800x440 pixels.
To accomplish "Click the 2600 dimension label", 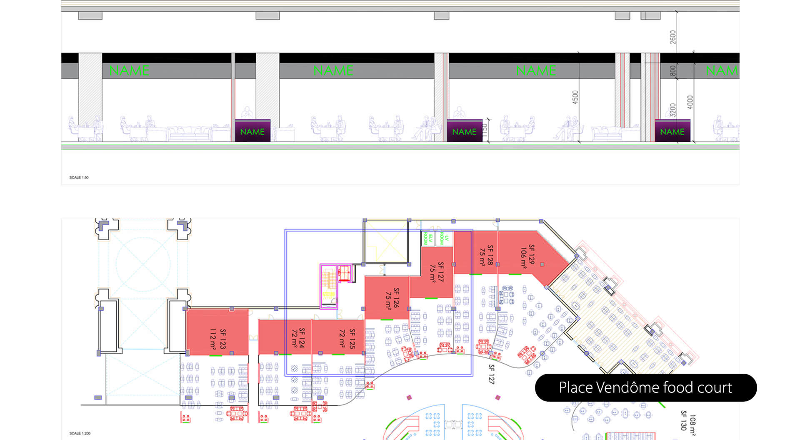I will click(673, 37).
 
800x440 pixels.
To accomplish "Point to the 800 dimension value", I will click(673, 71).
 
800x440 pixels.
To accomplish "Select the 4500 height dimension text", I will click(575, 97).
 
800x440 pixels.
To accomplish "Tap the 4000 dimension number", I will click(690, 102).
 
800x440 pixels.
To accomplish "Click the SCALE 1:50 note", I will click(79, 178).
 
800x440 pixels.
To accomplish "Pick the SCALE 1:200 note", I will click(80, 433).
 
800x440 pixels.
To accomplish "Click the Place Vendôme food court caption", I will click(645, 388).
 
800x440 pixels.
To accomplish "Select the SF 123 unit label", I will click(223, 339).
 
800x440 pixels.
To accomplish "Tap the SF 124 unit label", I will click(302, 338).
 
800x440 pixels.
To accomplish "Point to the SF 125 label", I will click(352, 339).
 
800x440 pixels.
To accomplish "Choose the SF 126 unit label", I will click(396, 298).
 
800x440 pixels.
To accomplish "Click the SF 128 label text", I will click(490, 255).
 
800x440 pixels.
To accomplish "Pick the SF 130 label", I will click(683, 420).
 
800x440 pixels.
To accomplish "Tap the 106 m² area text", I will click(523, 258).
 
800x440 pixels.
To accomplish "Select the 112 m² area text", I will click(213, 339).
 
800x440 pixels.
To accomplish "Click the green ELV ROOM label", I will click(428, 239).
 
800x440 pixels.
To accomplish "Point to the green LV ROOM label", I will click(444, 238).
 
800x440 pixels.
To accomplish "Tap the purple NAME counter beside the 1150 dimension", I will click(464, 131).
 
